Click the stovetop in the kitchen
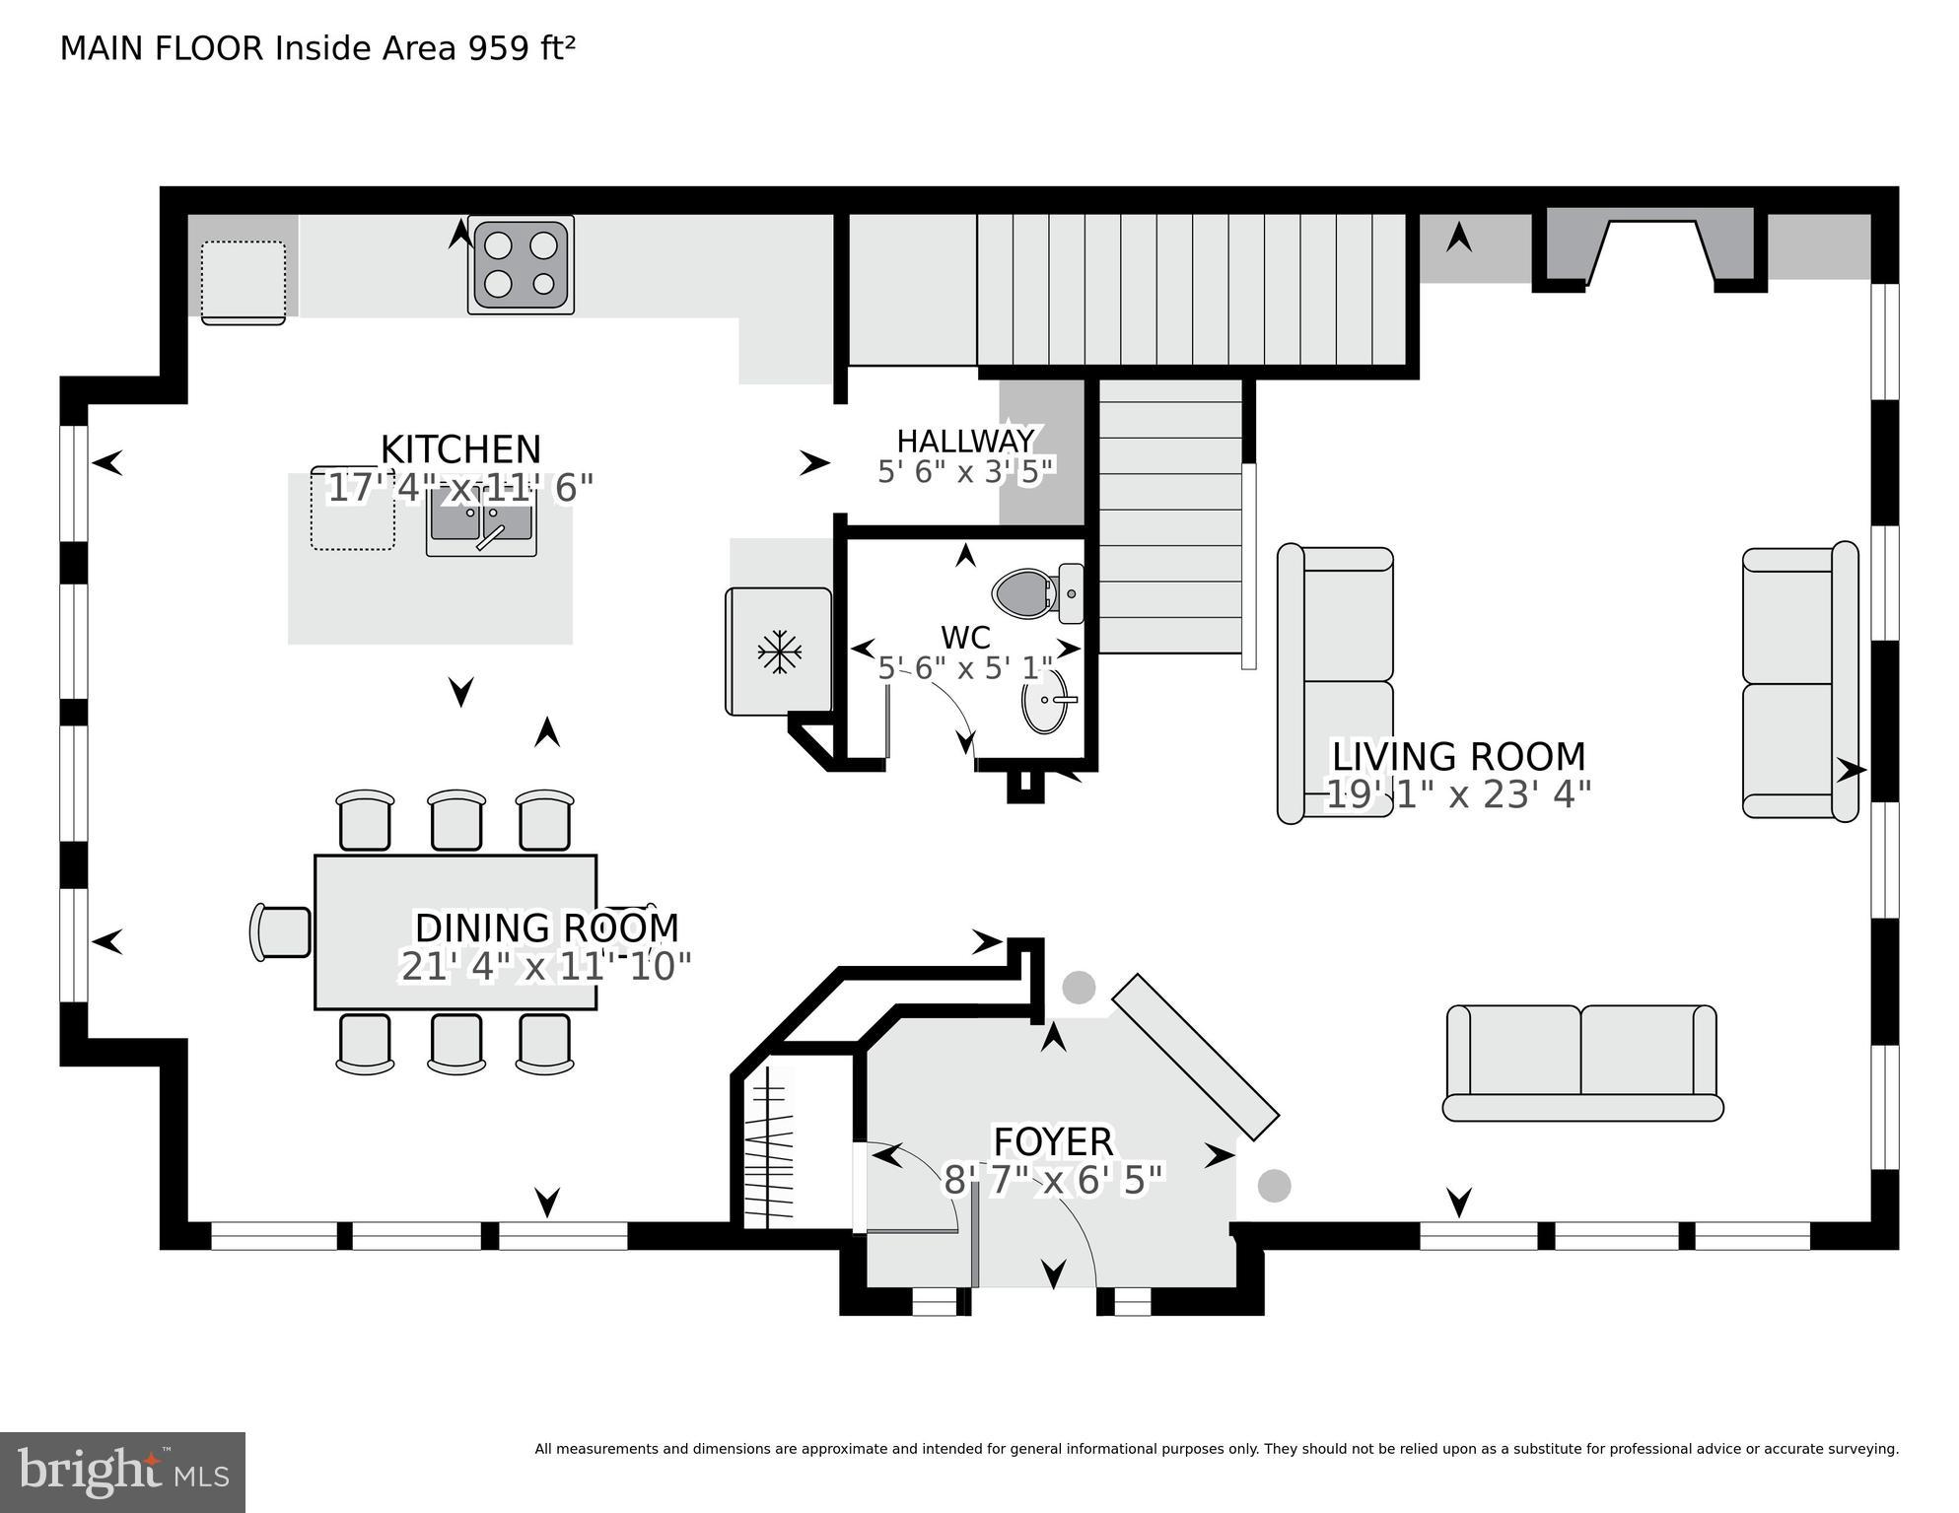pos(521,264)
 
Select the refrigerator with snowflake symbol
pos(778,652)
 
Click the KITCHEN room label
pos(460,449)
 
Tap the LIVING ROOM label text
pos(1458,757)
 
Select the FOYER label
pos(1053,1141)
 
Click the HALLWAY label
pos(965,441)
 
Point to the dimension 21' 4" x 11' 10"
pos(545,967)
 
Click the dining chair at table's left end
pos(281,931)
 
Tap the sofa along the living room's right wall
pos(1799,682)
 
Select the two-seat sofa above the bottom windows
pos(1581,1063)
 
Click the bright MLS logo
pos(122,1473)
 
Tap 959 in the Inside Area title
pos(497,48)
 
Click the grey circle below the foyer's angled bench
pos(1274,1185)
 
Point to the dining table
pos(455,931)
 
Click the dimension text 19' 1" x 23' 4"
pos(1458,794)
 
